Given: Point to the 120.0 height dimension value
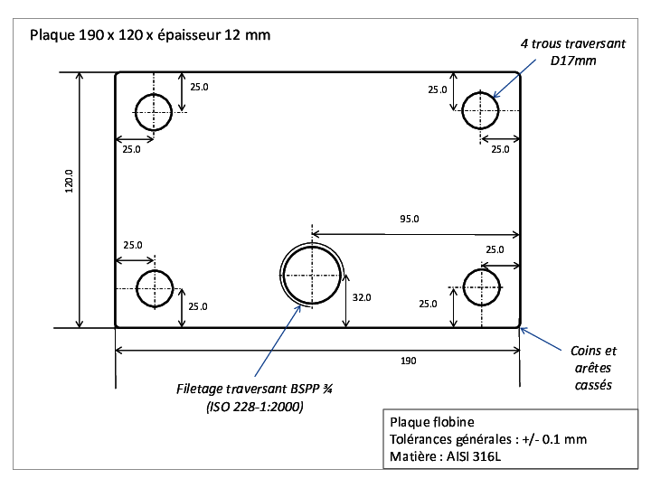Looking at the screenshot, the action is pyautogui.click(x=69, y=181).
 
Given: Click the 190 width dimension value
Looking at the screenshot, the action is pyautogui.click(x=408, y=361).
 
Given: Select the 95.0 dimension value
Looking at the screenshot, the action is pyautogui.click(x=410, y=219).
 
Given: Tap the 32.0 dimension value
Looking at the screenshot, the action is pyautogui.click(x=362, y=297).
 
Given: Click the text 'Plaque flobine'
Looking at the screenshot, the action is pyautogui.click(x=432, y=422).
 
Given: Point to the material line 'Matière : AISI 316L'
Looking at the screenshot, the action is pyautogui.click(x=445, y=456).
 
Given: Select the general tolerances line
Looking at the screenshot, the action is pyautogui.click(x=488, y=439).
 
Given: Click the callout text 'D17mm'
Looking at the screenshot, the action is pyautogui.click(x=573, y=61).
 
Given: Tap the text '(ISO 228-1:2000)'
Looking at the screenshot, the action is pyautogui.click(x=255, y=407).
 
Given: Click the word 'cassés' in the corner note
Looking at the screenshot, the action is pyautogui.click(x=593, y=385).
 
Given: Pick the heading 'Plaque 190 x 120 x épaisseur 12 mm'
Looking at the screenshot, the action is pyautogui.click(x=150, y=35).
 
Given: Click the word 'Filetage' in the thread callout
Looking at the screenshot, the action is pyautogui.click(x=200, y=389).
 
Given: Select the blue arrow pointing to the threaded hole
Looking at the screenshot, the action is pyautogui.click(x=278, y=341).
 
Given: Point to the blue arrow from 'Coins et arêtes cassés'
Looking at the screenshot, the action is pyautogui.click(x=541, y=339).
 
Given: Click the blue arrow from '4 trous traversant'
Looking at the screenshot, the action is pyautogui.click(x=514, y=79).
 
